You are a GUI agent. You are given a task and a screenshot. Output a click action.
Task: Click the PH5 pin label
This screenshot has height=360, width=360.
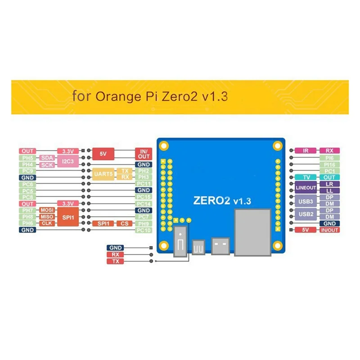27,158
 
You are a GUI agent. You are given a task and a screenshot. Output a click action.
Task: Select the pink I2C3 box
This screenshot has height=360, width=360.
68,162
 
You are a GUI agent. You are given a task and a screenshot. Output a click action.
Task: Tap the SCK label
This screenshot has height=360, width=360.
47,165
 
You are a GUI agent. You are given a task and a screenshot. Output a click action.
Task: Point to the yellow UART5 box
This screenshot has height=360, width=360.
103,174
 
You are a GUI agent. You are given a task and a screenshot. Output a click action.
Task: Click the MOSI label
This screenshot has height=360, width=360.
47,210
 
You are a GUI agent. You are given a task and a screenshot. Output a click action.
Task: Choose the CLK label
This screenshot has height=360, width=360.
47,223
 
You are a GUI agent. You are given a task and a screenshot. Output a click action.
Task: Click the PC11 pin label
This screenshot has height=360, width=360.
144,184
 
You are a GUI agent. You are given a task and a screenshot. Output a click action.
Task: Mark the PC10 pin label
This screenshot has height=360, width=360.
144,230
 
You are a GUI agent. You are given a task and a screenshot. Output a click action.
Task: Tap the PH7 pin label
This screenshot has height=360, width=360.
27,210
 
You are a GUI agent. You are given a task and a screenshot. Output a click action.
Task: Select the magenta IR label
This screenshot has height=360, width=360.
306,151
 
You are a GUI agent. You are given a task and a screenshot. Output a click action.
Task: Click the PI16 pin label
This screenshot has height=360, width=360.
329,165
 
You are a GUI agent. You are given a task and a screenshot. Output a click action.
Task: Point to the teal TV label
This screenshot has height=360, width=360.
306,178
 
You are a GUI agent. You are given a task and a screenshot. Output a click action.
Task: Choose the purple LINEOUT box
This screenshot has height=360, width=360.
306,188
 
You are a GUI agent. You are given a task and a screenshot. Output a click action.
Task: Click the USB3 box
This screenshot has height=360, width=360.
306,200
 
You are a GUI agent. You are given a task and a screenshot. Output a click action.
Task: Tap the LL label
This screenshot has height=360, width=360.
329,191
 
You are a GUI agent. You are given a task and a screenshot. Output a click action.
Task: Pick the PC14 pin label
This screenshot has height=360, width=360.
144,204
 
